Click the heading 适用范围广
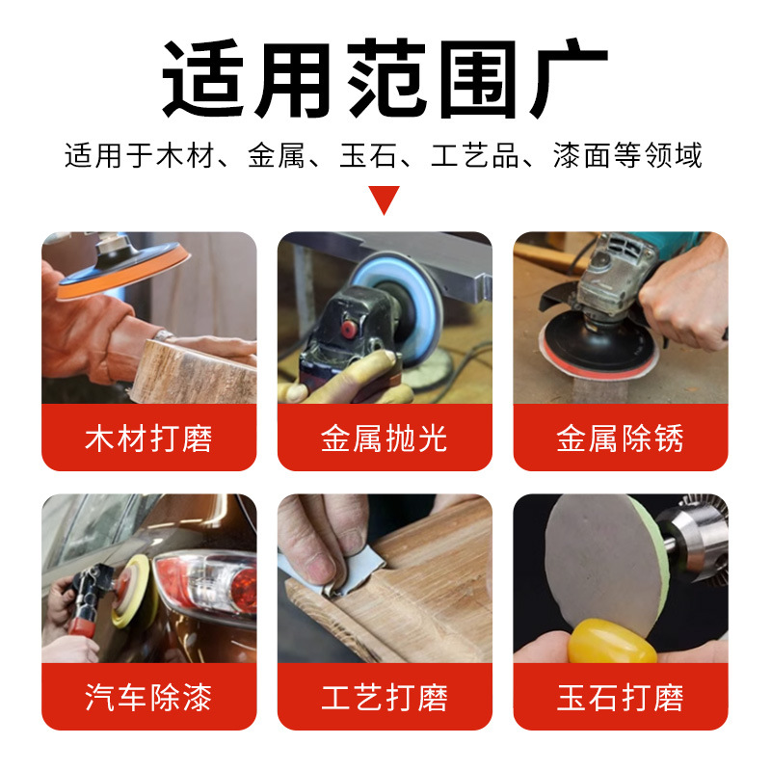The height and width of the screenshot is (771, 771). (x=385, y=79)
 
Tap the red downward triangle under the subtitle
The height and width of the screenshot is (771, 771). (x=385, y=199)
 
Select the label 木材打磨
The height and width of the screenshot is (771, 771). (x=148, y=439)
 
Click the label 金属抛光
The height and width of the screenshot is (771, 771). (x=385, y=439)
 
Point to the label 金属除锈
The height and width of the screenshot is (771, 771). (x=620, y=439)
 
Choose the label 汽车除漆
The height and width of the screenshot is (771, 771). (x=148, y=697)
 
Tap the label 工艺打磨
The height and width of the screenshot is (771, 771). (x=385, y=697)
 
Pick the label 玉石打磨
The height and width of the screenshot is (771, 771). (x=620, y=697)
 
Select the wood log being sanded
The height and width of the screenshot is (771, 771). (x=193, y=371)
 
